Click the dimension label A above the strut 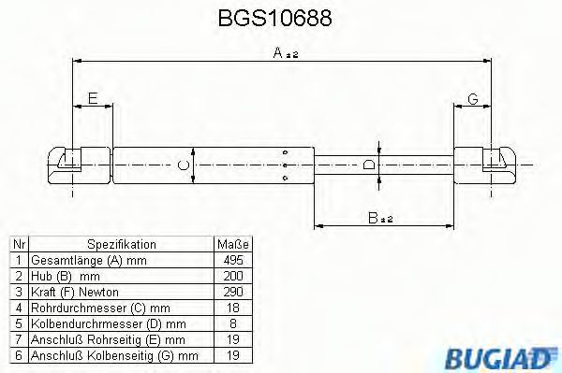tap(279, 55)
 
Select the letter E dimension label tap(91, 99)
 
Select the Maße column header tap(231, 243)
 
